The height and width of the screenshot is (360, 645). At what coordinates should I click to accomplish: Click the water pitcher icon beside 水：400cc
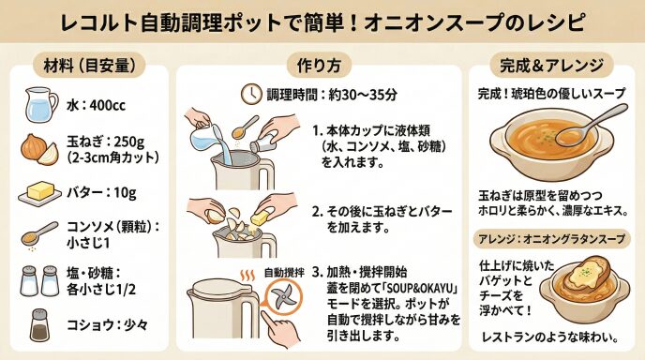click(x=41, y=104)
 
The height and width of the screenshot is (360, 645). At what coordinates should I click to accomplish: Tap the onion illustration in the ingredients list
click(x=39, y=149)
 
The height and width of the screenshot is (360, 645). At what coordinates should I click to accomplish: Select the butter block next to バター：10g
click(x=40, y=192)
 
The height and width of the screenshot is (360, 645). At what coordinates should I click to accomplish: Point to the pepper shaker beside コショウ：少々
click(x=39, y=325)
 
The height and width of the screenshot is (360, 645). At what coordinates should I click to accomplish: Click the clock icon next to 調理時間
click(x=251, y=94)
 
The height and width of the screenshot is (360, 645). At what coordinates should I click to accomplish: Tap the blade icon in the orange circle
click(x=283, y=297)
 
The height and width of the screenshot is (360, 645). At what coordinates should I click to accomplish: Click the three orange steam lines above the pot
click(x=247, y=276)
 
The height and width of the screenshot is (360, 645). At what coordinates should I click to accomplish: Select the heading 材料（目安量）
click(x=89, y=65)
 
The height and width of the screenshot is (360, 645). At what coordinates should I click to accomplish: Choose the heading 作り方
click(x=319, y=65)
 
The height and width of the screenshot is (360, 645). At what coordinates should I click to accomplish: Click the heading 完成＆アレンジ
click(x=551, y=65)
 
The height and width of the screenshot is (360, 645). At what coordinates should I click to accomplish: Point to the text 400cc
click(x=108, y=105)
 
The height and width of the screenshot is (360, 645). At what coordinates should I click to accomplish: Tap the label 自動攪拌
click(x=284, y=273)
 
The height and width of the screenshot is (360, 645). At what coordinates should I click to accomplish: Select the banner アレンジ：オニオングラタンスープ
click(x=551, y=239)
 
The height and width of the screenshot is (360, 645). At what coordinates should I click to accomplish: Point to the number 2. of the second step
click(x=317, y=212)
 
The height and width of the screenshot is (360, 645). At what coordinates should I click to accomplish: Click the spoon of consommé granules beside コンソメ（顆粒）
click(x=39, y=234)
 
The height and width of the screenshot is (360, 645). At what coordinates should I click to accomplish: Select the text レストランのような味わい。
click(x=550, y=337)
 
